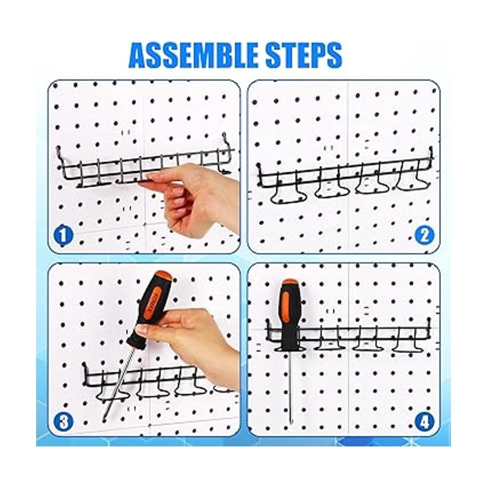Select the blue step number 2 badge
pos(425,235)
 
